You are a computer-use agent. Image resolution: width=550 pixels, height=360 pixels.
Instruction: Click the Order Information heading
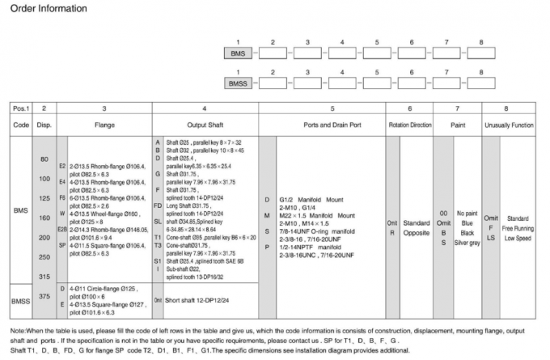48,8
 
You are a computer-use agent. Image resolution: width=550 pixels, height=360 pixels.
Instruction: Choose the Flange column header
103,125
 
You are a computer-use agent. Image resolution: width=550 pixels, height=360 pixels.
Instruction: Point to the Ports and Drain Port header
332,125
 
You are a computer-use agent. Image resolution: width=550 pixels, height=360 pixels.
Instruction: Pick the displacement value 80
44,159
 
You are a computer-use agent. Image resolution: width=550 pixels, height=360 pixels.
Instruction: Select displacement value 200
44,237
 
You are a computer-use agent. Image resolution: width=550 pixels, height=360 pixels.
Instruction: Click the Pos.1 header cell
19,107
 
